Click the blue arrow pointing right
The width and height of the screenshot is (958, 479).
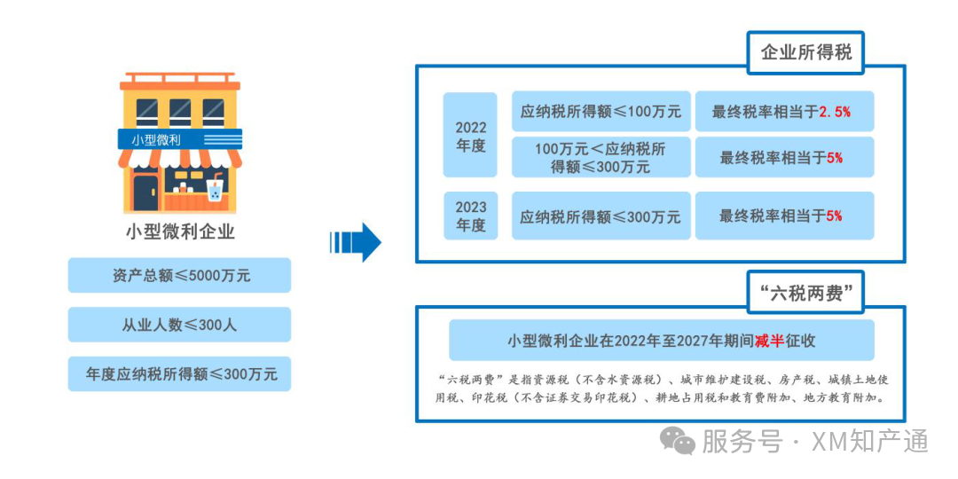click(357, 242)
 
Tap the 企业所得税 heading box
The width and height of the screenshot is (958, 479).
click(805, 52)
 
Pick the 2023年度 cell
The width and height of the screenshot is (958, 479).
click(471, 216)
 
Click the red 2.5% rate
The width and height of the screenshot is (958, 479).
click(835, 112)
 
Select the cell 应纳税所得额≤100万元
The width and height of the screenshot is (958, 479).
click(601, 112)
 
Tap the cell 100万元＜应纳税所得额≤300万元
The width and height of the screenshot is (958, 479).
click(601, 157)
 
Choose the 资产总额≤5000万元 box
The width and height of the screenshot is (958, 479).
click(180, 275)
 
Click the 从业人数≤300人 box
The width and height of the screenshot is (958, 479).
click(180, 325)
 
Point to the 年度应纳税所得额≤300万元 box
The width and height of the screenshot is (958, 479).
click(180, 374)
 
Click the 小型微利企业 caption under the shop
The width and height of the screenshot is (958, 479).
click(180, 232)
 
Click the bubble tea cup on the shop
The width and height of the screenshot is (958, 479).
click(214, 189)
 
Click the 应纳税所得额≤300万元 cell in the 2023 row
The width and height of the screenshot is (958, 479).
click(601, 216)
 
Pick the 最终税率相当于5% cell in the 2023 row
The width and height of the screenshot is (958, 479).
click(784, 216)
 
